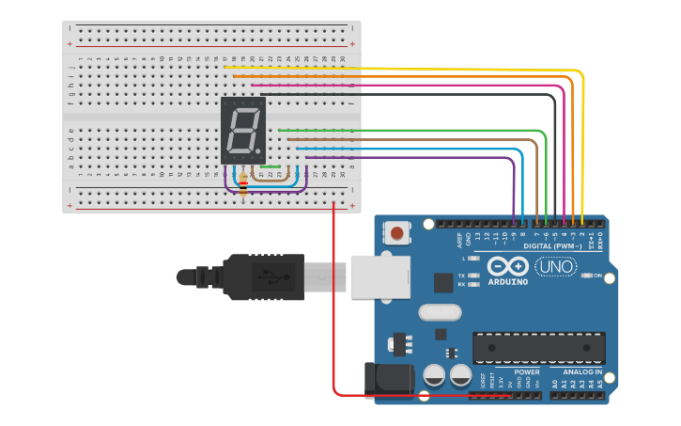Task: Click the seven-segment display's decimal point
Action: (260, 151)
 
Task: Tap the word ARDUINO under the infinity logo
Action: (507, 281)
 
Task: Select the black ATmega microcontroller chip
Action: (538, 347)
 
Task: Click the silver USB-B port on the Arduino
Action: (380, 275)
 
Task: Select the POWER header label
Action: (501, 372)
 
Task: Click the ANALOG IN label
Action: (583, 372)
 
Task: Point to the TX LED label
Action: (461, 275)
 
